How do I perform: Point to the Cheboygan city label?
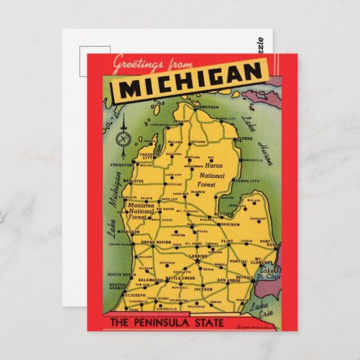[206, 107]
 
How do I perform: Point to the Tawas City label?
[245, 181]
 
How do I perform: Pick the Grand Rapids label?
[156, 242]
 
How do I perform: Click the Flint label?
[228, 240]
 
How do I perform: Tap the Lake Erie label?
[259, 310]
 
